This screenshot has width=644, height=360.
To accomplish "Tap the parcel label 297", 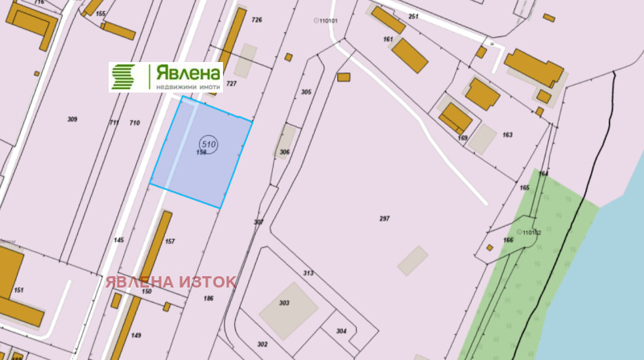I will (384, 219).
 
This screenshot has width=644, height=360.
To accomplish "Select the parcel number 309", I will (72, 119).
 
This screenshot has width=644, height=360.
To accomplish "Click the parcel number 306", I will (284, 152).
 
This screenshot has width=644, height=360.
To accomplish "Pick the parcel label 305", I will (306, 93).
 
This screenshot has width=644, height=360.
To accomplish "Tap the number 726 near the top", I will (257, 19).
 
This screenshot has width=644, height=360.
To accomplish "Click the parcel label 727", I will (231, 84).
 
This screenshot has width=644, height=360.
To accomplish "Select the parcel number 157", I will (170, 241).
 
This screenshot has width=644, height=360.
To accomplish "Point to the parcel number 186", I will (208, 299).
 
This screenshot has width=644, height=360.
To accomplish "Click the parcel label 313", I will (308, 273).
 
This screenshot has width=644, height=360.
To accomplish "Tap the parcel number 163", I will (507, 134).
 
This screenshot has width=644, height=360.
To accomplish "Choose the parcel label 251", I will (414, 16).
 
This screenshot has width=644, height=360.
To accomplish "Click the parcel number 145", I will (119, 240).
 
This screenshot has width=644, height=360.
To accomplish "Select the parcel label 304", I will (341, 331).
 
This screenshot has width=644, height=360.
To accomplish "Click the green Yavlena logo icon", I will (123, 77).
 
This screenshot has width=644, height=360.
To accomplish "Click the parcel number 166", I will (508, 240).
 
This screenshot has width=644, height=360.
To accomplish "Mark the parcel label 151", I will (19, 290).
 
